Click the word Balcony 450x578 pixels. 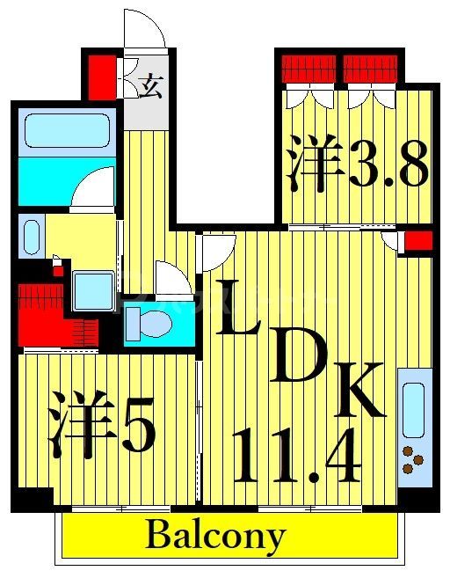coord(215,535)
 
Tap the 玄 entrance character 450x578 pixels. coord(151,87)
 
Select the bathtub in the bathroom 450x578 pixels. coord(67,131)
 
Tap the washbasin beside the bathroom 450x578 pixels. coord(32,237)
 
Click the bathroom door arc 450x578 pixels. coord(93,187)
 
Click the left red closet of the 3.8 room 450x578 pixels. coord(308,68)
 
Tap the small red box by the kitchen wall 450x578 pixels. coord(417,241)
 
